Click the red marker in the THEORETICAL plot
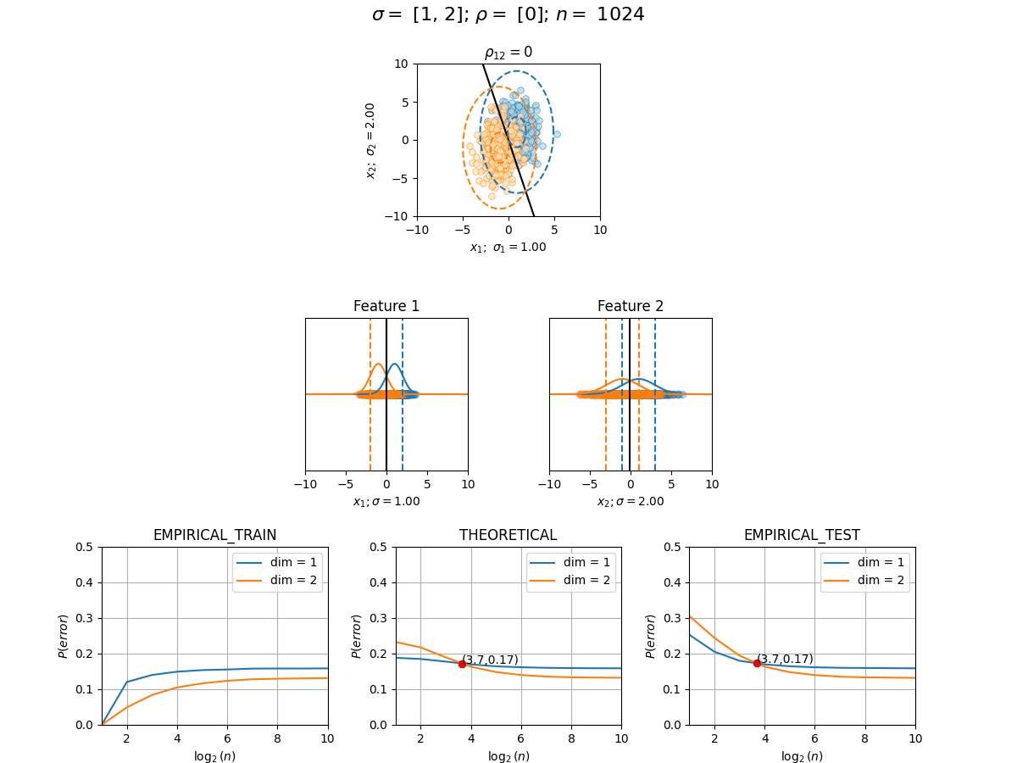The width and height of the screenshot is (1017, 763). pyautogui.click(x=462, y=664)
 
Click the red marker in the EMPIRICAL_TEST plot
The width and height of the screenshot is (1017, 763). pyautogui.click(x=757, y=664)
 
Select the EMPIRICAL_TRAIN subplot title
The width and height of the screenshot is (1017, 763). pyautogui.click(x=214, y=535)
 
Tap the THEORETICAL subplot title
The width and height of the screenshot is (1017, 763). pyautogui.click(x=508, y=535)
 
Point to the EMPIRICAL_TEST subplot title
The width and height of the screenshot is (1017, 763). pyautogui.click(x=802, y=535)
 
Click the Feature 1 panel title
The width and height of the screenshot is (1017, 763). pyautogui.click(x=386, y=306)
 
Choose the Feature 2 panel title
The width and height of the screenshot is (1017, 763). pyautogui.click(x=631, y=306)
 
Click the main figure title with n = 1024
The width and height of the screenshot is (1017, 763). pyautogui.click(x=508, y=14)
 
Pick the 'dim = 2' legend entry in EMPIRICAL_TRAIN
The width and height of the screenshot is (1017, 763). pyautogui.click(x=276, y=580)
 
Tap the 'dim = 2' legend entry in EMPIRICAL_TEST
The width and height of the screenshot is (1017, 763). pyautogui.click(x=864, y=580)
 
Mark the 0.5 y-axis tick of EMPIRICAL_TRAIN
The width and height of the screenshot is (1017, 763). pyautogui.click(x=84, y=547)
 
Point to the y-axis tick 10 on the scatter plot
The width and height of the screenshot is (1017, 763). pyautogui.click(x=401, y=64)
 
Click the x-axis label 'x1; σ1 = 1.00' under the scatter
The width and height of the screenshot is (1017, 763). pyautogui.click(x=508, y=248)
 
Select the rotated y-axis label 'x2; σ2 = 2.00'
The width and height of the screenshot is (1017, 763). pyautogui.click(x=370, y=141)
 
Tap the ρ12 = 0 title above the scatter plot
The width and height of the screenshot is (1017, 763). pyautogui.click(x=508, y=53)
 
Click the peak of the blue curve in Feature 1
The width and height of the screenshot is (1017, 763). pyautogui.click(x=395, y=365)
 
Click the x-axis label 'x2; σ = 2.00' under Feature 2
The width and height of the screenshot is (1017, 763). pyautogui.click(x=631, y=501)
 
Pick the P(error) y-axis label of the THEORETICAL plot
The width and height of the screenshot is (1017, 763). pyautogui.click(x=356, y=636)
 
